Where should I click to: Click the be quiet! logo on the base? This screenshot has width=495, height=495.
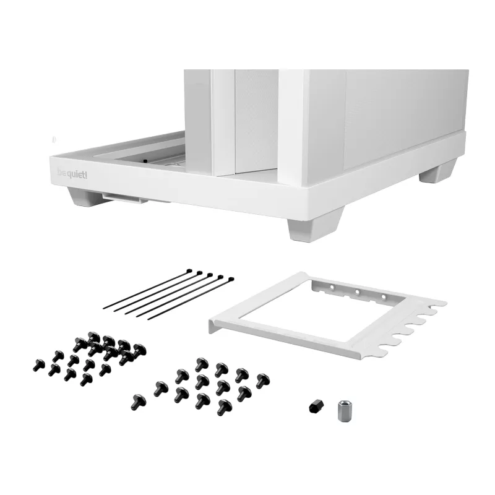[x=72, y=174]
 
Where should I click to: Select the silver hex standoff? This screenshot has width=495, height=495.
[x=345, y=410]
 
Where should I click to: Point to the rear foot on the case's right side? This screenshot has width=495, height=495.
[x=437, y=172]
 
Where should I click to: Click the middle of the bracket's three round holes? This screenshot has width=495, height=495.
[x=358, y=292]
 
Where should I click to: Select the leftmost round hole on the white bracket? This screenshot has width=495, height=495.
[x=332, y=287]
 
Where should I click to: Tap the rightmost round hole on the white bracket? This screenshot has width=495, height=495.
[x=383, y=297]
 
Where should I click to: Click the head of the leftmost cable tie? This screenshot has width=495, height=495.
[x=189, y=271]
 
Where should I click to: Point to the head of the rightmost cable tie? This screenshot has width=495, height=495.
[x=231, y=280]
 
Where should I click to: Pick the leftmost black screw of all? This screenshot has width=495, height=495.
[x=39, y=365]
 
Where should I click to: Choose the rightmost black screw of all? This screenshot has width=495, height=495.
[x=262, y=381]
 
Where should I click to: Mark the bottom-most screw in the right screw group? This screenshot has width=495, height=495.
[x=224, y=407]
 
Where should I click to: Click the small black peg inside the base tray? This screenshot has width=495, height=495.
[x=145, y=161]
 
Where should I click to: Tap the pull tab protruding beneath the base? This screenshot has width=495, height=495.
[x=125, y=198]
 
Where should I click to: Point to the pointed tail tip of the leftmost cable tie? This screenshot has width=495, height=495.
[x=104, y=308]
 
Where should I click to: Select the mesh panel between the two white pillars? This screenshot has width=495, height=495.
[x=256, y=121]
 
